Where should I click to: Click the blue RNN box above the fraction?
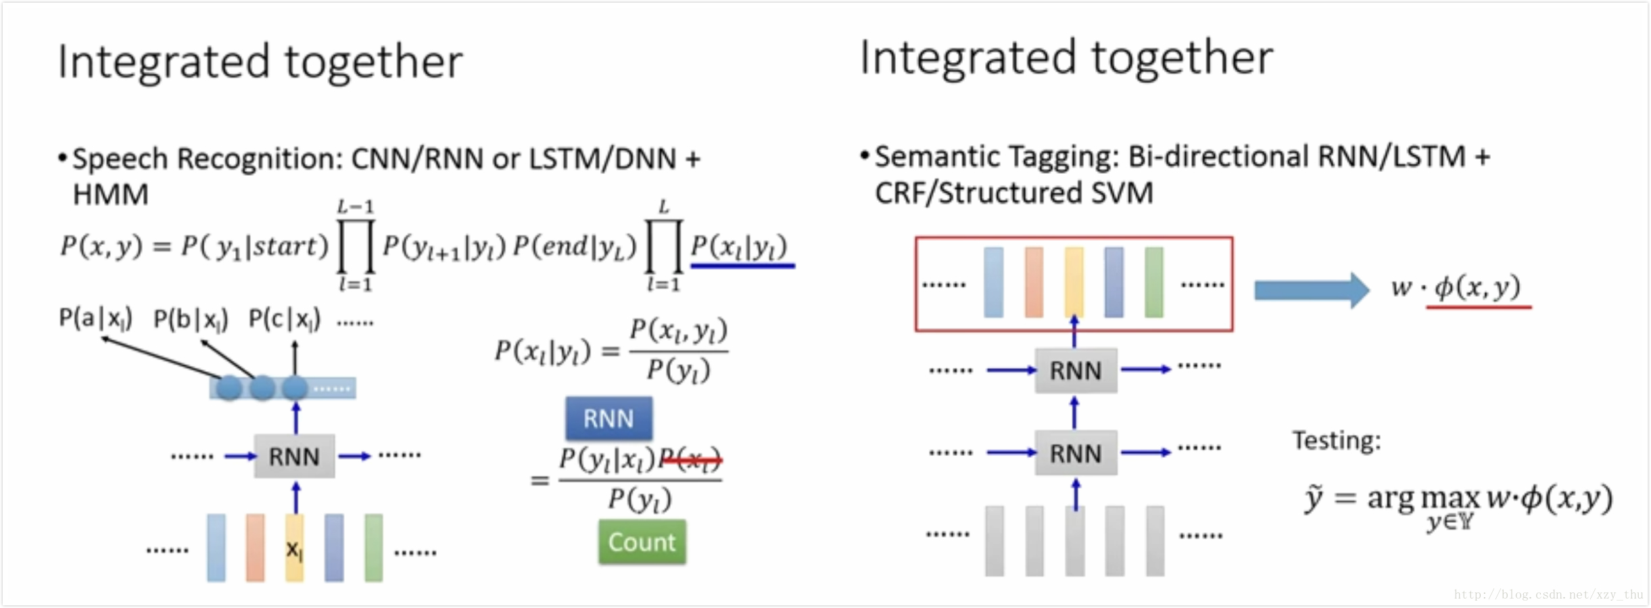(608, 419)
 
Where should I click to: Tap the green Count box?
(642, 542)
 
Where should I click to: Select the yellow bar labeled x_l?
(294, 548)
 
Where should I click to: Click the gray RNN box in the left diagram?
(294, 457)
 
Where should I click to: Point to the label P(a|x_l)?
(95, 318)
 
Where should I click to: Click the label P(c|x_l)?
(284, 319)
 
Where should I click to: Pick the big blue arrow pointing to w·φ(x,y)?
(1310, 290)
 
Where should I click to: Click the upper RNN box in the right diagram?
(1075, 371)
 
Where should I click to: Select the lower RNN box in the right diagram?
(1075, 453)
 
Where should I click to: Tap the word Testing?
(1336, 441)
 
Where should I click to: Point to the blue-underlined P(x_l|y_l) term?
(740, 247)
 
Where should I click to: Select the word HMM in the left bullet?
(110, 195)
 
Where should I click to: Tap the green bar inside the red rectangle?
(1154, 282)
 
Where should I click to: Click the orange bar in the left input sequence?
(255, 548)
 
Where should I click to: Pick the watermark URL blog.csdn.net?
(1548, 594)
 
